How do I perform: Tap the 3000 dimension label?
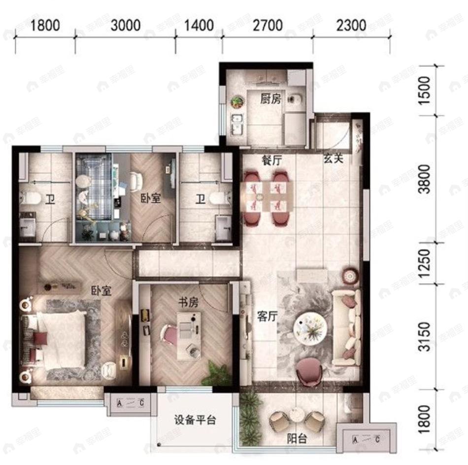tap(126, 25)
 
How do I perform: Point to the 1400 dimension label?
tap(199, 25)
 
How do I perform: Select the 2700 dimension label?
tap(268, 25)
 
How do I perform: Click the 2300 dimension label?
tap(352, 25)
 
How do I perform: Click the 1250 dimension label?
tap(424, 263)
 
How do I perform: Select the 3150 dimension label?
tap(424, 337)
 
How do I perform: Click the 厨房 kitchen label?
tap(270, 99)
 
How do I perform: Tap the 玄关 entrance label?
tap(334, 159)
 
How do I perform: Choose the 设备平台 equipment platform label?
tap(195, 421)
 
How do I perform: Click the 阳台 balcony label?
tap(297, 438)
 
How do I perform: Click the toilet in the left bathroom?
tap(31, 199)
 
